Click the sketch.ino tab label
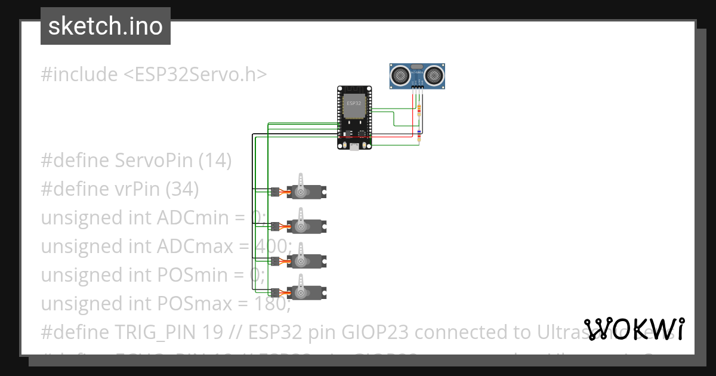tap(105, 26)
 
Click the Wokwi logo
tap(634, 329)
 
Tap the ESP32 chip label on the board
tap(353, 103)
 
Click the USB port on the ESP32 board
tap(354, 146)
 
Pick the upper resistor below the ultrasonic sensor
tap(419, 109)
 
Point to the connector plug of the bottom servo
tap(275, 292)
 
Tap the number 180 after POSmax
tap(274, 304)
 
